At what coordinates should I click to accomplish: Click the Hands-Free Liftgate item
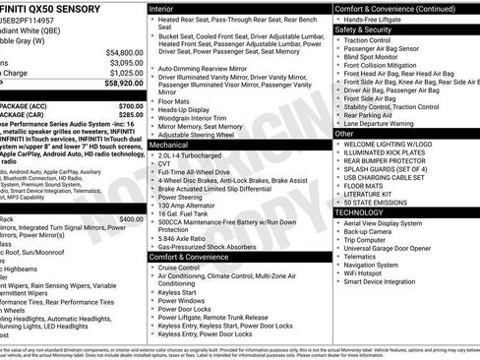(x=379, y=19)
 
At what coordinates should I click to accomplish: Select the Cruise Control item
(x=185, y=268)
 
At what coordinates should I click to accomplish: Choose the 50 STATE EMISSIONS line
(x=382, y=202)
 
